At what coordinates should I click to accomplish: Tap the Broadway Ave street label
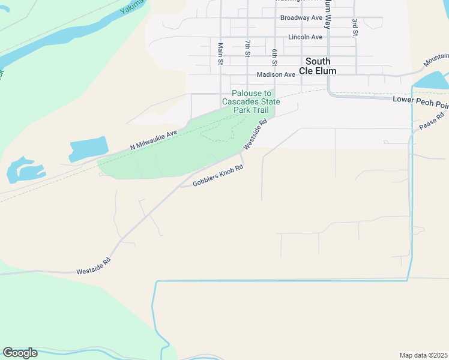301,18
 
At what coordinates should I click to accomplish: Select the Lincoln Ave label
305,37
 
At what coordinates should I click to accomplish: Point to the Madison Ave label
276,75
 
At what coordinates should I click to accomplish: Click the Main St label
220,53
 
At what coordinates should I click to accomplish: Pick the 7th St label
247,49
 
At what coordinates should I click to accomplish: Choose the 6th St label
274,58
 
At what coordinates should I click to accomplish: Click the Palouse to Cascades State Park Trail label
251,102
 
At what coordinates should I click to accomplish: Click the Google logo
20,353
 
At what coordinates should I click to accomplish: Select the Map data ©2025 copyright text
423,355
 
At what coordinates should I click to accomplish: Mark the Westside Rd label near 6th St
255,135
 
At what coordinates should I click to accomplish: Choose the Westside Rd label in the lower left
93,267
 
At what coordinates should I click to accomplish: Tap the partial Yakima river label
132,7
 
